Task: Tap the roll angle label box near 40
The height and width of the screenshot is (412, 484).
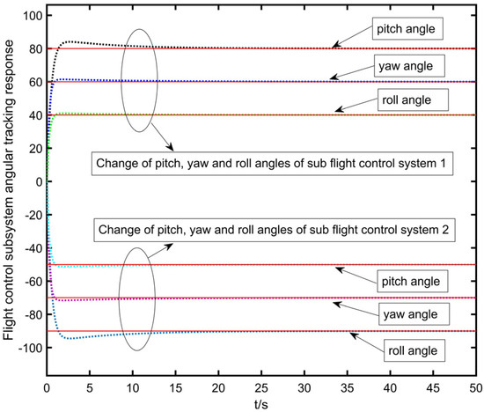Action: click(406, 99)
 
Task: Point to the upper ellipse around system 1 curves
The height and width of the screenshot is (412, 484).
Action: click(140, 79)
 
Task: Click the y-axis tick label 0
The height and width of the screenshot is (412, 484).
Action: click(37, 182)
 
